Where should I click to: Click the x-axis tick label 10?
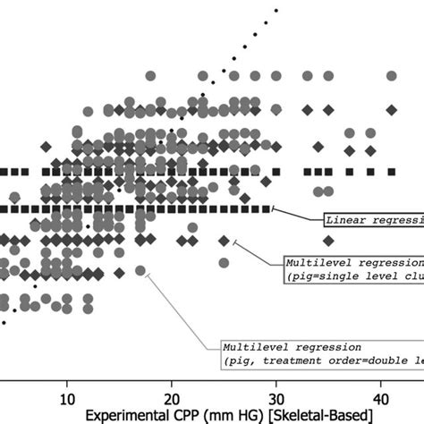click(66, 396)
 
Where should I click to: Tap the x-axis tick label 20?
click(171, 396)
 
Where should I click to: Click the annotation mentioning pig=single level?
click(353, 270)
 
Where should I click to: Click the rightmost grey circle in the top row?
click(391, 76)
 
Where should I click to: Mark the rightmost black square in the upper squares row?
click(391, 171)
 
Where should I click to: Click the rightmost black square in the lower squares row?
click(267, 208)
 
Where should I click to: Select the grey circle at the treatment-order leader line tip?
click(140, 270)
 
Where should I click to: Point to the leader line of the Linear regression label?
click(295, 215)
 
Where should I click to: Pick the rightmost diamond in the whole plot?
click(391, 109)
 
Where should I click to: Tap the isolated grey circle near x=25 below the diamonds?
click(224, 263)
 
